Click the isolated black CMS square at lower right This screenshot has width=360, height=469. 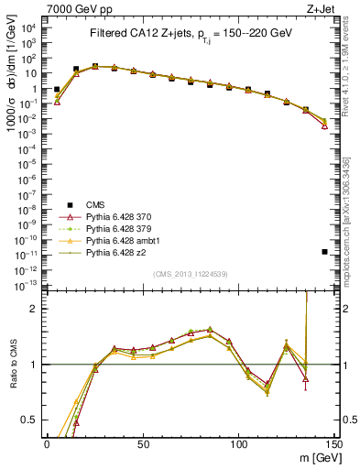point(324,252)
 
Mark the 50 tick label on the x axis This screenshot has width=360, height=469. point(143,443)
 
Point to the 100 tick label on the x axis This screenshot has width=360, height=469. point(238,443)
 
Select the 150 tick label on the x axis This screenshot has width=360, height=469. point(334,443)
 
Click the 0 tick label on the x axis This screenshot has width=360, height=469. point(47,443)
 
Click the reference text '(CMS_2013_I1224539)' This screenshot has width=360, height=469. point(189,272)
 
